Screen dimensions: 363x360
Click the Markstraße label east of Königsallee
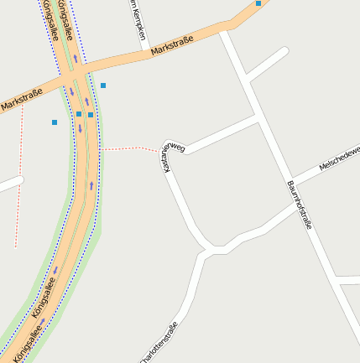pyautogui.click(x=173, y=46)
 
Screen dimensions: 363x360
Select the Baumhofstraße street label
pyautogui.click(x=300, y=205)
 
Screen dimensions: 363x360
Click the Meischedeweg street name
pyautogui.click(x=339, y=158)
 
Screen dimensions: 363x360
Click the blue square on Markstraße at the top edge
pyautogui.click(x=258, y=3)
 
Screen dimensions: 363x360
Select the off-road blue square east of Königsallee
pyautogui.click(x=103, y=86)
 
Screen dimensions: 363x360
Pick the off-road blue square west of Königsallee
pyautogui.click(x=55, y=122)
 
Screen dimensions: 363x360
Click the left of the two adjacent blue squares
pyautogui.click(x=79, y=114)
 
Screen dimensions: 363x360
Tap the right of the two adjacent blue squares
pyautogui.click(x=91, y=115)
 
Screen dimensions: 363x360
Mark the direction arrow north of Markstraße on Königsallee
pyautogui.click(x=75, y=59)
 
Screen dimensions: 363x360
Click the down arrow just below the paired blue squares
pyautogui.click(x=81, y=128)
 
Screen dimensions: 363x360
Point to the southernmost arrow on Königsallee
pyautogui.click(x=42, y=321)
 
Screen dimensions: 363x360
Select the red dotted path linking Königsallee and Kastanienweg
pyautogui.click(x=130, y=148)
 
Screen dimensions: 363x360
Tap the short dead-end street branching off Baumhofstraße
pyautogui.click(x=267, y=64)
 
